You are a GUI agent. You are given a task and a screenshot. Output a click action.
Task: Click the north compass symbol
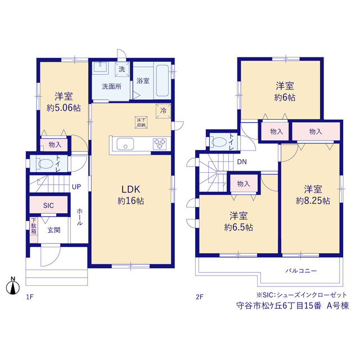[13, 286]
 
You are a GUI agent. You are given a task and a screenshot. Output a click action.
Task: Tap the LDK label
[130, 190]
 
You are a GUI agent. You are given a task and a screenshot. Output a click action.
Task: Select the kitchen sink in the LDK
[125, 144]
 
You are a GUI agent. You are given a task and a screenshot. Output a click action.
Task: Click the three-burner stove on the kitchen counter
[160, 144]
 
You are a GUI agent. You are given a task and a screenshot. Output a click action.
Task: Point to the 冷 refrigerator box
[163, 111]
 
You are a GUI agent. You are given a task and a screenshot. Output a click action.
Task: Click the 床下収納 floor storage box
[141, 123]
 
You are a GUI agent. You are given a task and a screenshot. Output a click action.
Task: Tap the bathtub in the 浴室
[163, 80]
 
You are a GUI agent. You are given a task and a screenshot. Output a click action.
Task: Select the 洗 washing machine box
[122, 69]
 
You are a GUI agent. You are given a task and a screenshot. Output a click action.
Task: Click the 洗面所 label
[111, 87]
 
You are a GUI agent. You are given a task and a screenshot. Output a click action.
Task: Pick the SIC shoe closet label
[48, 205]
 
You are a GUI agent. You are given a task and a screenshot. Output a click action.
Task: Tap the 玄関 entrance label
[54, 230]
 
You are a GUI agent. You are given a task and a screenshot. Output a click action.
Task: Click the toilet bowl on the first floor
[46, 164]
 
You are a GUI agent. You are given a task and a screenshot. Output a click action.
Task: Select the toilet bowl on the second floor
[219, 142]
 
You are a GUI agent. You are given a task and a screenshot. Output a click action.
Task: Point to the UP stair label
[76, 187]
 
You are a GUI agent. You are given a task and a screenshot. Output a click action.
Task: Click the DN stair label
[242, 162]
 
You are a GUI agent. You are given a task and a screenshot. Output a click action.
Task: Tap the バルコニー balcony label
[301, 271]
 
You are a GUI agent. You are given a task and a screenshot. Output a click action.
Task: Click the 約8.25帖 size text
[313, 201]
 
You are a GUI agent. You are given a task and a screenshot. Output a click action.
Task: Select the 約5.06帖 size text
[64, 107]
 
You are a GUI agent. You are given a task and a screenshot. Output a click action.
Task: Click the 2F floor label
[200, 297]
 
